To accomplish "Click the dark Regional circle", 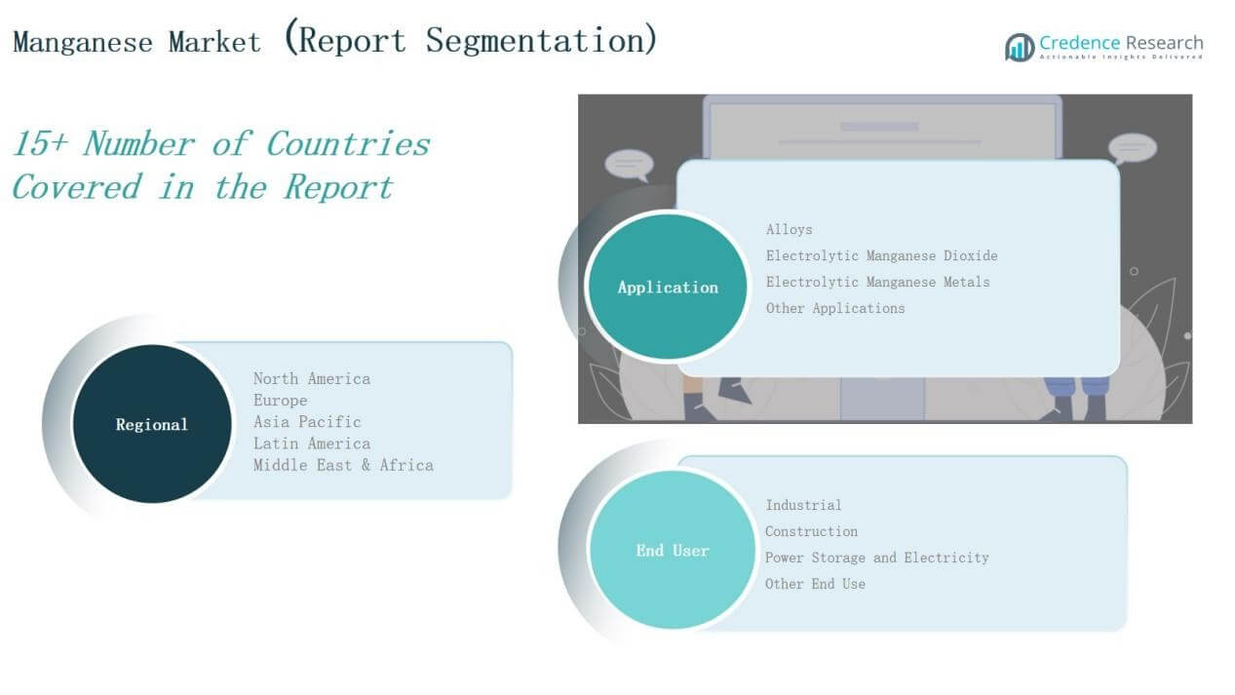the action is tap(152, 424).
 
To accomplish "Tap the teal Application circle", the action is tap(668, 287).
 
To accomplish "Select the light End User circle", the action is tap(672, 550).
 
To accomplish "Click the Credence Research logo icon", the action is tap(1020, 48).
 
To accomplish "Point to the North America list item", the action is tap(312, 378).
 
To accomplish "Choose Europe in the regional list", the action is tap(280, 401).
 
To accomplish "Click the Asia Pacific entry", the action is tap(307, 422).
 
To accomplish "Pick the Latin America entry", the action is tap(312, 444).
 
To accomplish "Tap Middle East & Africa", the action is tap(343, 465).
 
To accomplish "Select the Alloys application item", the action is tap(789, 229).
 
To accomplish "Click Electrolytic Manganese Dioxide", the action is tap(881, 255).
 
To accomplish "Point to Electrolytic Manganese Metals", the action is tap(877, 282).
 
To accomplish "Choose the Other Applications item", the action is tap(835, 308).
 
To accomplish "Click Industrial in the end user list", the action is tap(803, 505).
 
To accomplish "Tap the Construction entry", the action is tap(811, 531).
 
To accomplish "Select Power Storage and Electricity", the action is tap(876, 558).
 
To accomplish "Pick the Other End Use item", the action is tap(815, 584).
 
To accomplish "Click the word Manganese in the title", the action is tap(83, 42).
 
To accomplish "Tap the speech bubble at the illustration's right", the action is tap(1132, 149).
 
